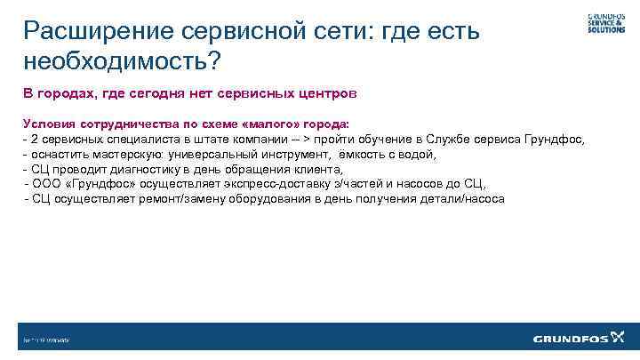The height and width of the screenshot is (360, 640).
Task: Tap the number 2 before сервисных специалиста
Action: [x=33, y=140]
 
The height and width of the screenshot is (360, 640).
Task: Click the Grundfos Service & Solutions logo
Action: [x=605, y=22]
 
